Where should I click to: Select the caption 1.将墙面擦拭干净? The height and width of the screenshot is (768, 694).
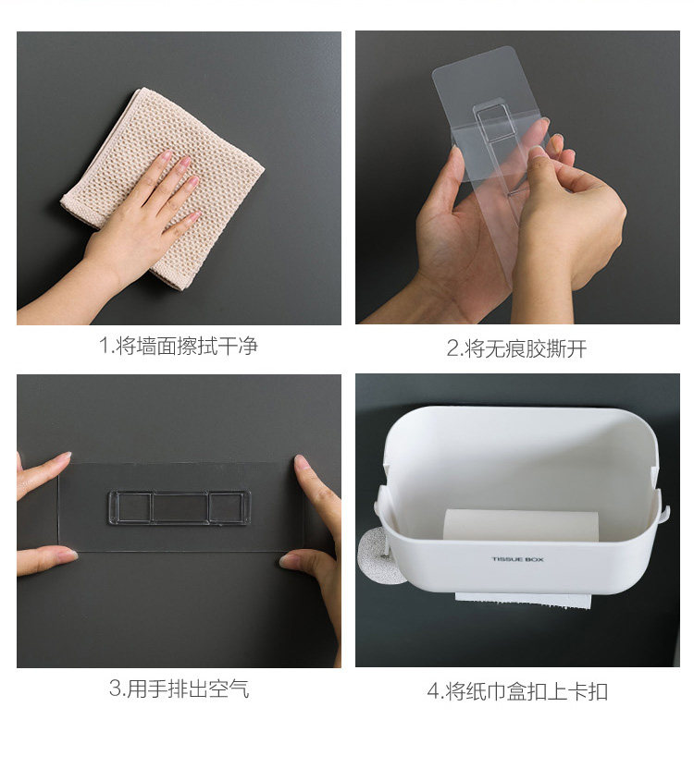178,347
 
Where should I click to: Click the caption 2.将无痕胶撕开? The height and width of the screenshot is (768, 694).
516,348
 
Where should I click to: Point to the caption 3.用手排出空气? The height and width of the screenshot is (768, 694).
178,689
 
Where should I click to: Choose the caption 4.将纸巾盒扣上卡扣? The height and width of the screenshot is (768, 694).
516,690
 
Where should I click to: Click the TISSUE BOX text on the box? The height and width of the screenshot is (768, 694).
517,559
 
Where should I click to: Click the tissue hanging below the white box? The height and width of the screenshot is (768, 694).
524,601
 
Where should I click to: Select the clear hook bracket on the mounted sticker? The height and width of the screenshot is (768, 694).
178,507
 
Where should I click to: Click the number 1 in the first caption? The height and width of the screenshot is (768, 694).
105,347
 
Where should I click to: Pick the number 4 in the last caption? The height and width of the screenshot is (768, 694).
431,691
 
